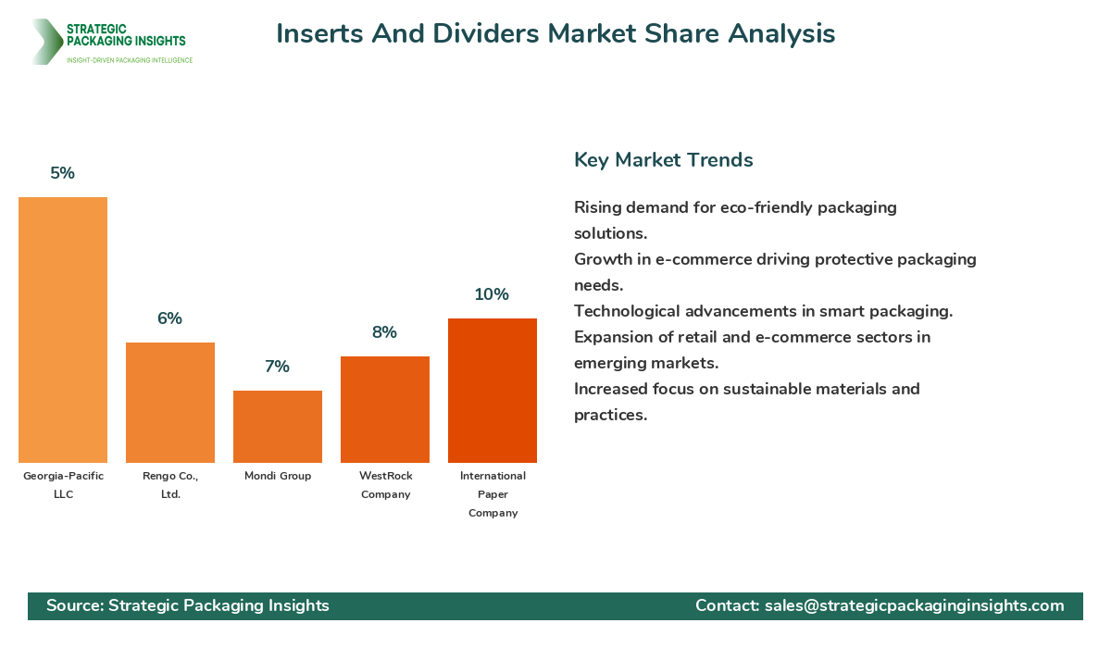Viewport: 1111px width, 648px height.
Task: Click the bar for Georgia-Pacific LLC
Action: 63,330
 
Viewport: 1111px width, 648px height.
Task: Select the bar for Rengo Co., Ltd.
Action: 170,403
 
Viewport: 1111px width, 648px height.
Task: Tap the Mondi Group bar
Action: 278,427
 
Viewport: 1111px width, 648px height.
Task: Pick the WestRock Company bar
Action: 385,409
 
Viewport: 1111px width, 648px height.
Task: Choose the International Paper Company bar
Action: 493,391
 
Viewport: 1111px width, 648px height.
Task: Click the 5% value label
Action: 63,173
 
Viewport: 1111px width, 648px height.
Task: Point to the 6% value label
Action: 170,318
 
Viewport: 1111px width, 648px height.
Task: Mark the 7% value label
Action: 278,367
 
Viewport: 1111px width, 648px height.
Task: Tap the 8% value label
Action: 385,332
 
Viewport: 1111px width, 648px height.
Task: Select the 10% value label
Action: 493,294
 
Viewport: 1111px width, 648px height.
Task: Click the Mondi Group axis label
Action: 278,476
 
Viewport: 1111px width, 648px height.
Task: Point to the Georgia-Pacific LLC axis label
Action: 63,485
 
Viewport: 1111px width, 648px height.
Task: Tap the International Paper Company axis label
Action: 493,494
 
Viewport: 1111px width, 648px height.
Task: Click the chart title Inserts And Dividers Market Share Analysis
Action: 555,34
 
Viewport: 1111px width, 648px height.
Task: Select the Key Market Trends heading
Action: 664,160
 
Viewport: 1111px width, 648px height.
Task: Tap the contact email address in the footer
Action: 914,605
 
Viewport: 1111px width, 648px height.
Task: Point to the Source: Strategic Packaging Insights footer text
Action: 188,605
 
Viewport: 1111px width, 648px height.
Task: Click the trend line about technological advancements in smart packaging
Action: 764,311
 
